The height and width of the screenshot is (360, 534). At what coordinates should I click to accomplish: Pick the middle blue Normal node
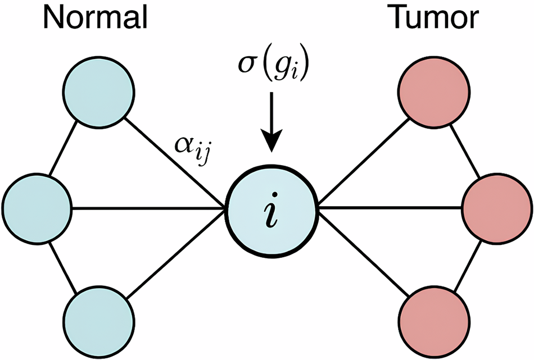(x=37, y=208)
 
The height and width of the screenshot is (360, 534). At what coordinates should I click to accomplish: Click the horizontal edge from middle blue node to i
(x=149, y=208)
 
